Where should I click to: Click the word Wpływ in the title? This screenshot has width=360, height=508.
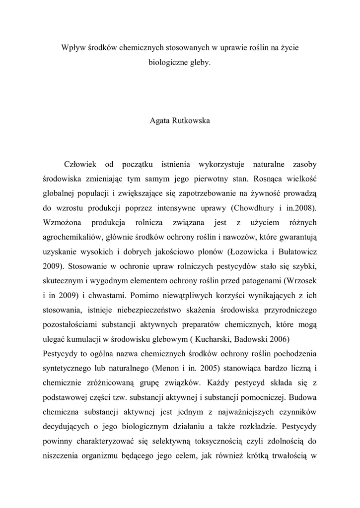[x=71, y=48]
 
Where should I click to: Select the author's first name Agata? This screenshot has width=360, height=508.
[x=160, y=121]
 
